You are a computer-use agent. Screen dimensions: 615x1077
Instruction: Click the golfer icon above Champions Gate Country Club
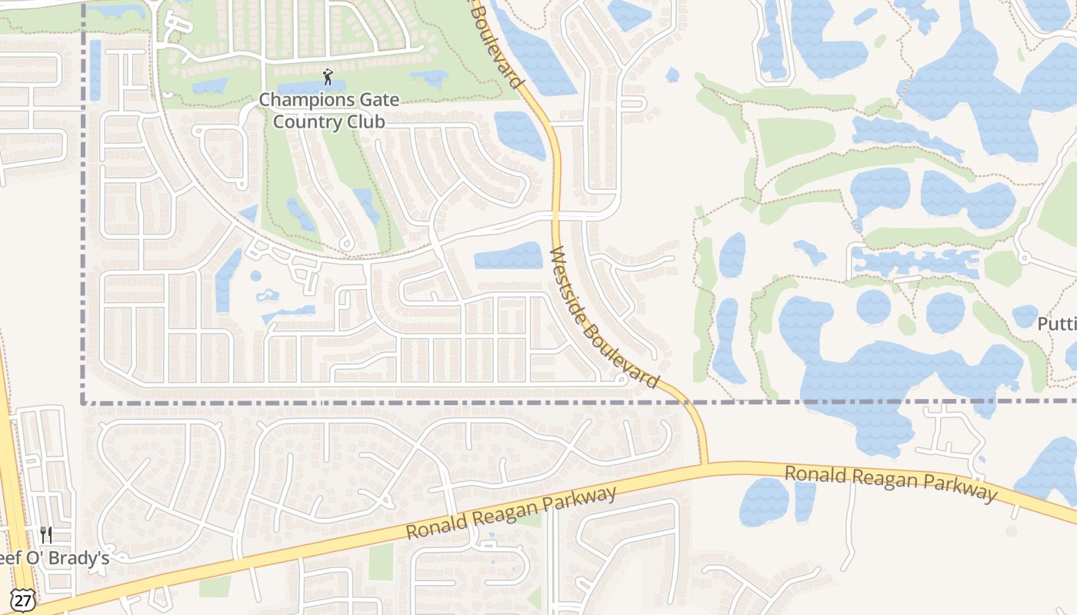(328, 77)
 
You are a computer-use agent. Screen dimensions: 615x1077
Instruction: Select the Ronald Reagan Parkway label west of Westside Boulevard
(512, 513)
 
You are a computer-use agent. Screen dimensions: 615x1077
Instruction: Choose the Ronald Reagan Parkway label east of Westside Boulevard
(890, 483)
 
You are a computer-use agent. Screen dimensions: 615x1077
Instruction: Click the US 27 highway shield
(23, 600)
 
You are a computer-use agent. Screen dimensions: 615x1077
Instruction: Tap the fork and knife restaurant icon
(46, 534)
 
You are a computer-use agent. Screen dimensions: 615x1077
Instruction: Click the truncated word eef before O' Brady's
(14, 559)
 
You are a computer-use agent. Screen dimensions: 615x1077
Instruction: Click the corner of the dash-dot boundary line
(83, 402)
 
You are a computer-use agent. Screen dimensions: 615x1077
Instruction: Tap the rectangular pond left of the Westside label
(508, 257)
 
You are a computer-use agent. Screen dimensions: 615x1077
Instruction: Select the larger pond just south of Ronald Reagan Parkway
(764, 502)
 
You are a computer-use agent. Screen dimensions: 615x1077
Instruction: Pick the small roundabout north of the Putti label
(1022, 256)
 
